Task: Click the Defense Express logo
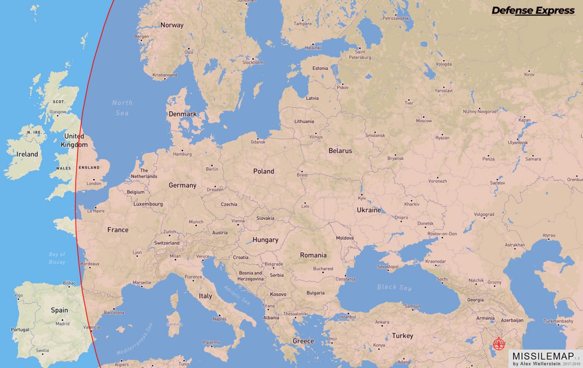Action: pos(532,11)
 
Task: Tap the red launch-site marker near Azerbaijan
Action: pos(498,344)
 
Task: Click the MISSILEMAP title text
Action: pos(543,356)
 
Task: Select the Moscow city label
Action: pos(424,121)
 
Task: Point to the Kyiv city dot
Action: pos(361,193)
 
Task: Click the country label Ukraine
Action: pos(369,210)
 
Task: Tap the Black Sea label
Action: pos(394,287)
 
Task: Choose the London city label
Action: pos(94,184)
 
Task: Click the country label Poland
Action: pos(263,171)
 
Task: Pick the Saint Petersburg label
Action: pos(360,54)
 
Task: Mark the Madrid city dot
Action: pos(63,320)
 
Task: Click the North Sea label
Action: pos(122,108)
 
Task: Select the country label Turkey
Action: pos(402,335)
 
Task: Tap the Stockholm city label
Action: pos(253,63)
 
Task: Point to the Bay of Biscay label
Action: pos(57,258)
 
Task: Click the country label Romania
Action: pos(313,255)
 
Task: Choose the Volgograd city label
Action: pos(484,214)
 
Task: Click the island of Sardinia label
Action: pos(174,324)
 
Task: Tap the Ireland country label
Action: pos(27,154)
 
